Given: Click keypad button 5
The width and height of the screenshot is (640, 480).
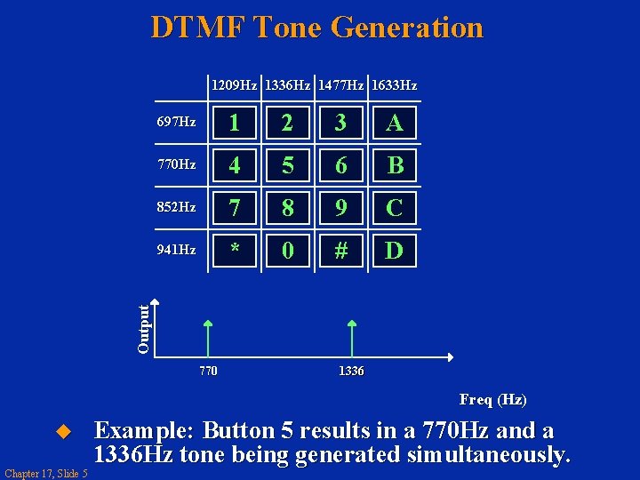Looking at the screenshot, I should pyautogui.click(x=287, y=165).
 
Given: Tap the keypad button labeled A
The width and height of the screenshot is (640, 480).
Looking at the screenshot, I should pyautogui.click(x=394, y=123).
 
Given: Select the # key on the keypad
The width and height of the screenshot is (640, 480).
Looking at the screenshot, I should pyautogui.click(x=340, y=251).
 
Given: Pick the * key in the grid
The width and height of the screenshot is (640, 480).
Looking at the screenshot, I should pyautogui.click(x=234, y=251).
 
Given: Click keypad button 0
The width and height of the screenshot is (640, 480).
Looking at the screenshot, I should pyautogui.click(x=287, y=251).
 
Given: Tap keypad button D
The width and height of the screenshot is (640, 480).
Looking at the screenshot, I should pyautogui.click(x=394, y=251).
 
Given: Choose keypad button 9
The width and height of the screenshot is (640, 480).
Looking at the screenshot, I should pyautogui.click(x=340, y=208).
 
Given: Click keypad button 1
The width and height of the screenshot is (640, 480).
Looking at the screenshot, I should pyautogui.click(x=234, y=123).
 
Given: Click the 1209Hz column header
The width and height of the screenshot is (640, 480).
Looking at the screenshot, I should pyautogui.click(x=234, y=86).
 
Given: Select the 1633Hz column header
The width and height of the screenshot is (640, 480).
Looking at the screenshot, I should pyautogui.click(x=394, y=86).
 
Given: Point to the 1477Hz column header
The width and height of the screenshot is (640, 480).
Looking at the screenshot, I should pyautogui.click(x=340, y=86).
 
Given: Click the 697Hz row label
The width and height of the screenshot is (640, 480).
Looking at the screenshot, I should pyautogui.click(x=176, y=122).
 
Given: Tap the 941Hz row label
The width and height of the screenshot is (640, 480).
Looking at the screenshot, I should pyautogui.click(x=176, y=250).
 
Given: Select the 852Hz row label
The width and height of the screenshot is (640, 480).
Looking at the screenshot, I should pyautogui.click(x=176, y=207).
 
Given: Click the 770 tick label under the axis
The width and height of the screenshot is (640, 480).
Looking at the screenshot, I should pyautogui.click(x=207, y=371).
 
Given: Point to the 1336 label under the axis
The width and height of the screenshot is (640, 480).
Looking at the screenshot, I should pyautogui.click(x=351, y=371).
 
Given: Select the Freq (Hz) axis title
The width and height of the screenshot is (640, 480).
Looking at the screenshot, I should pyautogui.click(x=492, y=400).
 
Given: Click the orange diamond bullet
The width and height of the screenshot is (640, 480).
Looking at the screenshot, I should pyautogui.click(x=62, y=432).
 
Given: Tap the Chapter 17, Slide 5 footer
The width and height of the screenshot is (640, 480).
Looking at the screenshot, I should pyautogui.click(x=45, y=473).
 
